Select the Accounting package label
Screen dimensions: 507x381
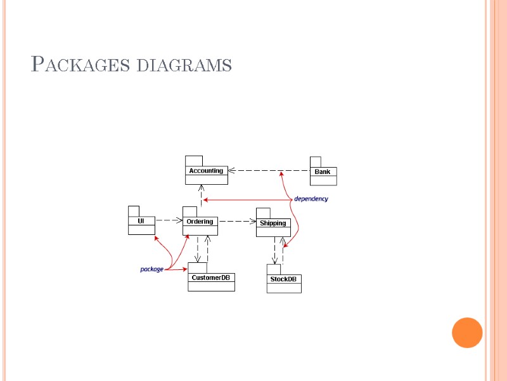(206, 171)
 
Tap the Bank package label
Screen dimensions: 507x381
(323, 171)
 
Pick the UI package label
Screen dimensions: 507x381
(141, 221)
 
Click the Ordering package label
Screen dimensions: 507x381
(200, 222)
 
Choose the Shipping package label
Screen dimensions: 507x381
(273, 223)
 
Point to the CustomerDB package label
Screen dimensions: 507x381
(211, 277)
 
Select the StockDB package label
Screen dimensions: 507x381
(283, 279)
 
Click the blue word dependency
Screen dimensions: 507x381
(311, 199)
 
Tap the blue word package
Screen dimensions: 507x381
(151, 269)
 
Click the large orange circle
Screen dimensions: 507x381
(468, 332)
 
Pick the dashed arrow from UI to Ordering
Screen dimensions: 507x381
(168, 221)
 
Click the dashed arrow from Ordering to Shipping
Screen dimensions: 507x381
(237, 222)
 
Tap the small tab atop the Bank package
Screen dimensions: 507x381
(315, 161)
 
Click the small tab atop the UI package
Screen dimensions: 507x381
(133, 211)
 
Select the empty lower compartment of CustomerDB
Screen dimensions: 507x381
(211, 286)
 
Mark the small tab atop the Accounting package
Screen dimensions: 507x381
(193, 161)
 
